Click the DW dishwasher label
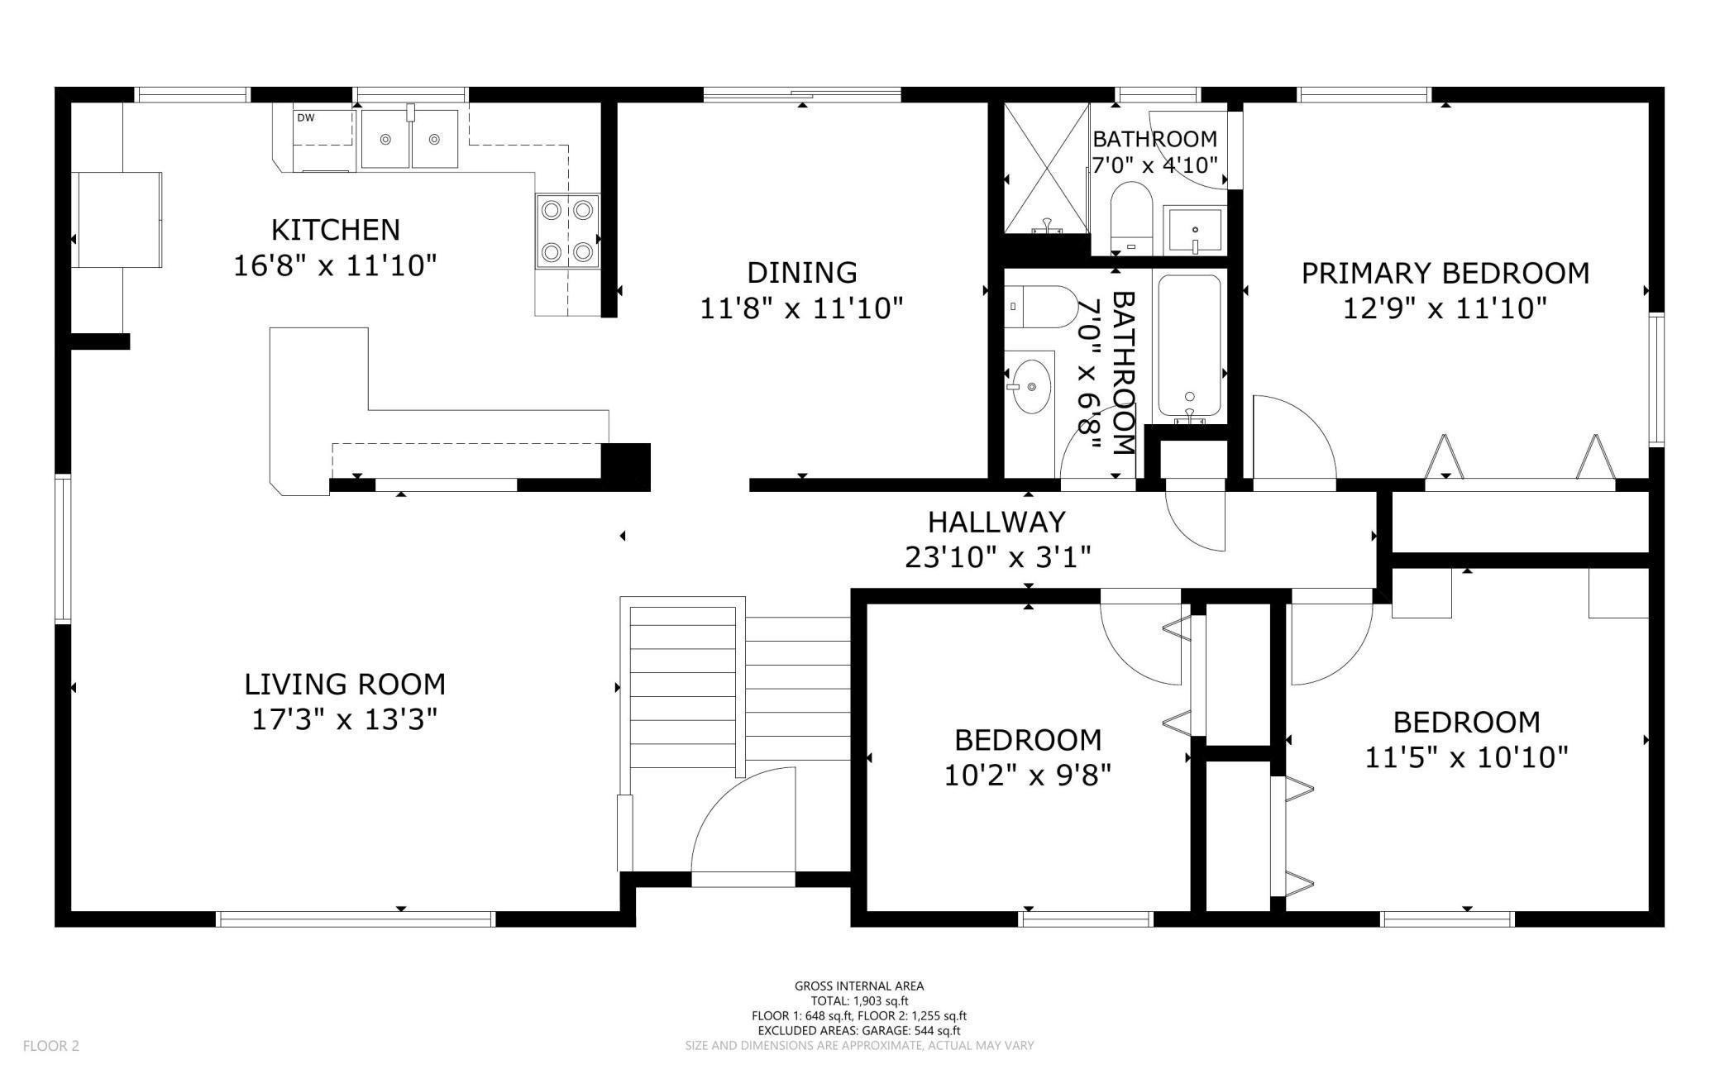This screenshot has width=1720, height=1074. pyautogui.click(x=306, y=117)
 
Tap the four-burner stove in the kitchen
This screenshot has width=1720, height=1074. pyautogui.click(x=567, y=232)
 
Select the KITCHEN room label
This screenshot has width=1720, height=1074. pyautogui.click(x=336, y=229)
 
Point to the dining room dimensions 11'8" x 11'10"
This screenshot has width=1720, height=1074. pyautogui.click(x=801, y=308)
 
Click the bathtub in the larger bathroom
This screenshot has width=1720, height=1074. pyautogui.click(x=1189, y=346)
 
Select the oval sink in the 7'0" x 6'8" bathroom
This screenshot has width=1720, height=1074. pyautogui.click(x=1030, y=386)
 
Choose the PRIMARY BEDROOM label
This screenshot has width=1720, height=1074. pyautogui.click(x=1445, y=273)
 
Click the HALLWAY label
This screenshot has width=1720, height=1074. pyautogui.click(x=996, y=522)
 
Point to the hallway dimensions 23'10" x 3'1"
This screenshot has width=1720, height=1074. pyautogui.click(x=998, y=557)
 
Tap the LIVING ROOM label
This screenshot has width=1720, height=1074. pyautogui.click(x=345, y=684)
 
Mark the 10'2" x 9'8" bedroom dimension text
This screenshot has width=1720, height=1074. pyautogui.click(x=1028, y=775)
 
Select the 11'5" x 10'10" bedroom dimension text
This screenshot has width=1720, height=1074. pyautogui.click(x=1466, y=757)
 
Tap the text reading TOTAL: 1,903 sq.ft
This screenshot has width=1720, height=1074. pyautogui.click(x=859, y=1000)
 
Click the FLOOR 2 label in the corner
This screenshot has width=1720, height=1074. pyautogui.click(x=51, y=1046)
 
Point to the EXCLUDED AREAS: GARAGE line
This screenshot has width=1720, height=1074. pyautogui.click(x=859, y=1030)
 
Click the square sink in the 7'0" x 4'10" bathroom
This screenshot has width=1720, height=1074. pyautogui.click(x=1194, y=231)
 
